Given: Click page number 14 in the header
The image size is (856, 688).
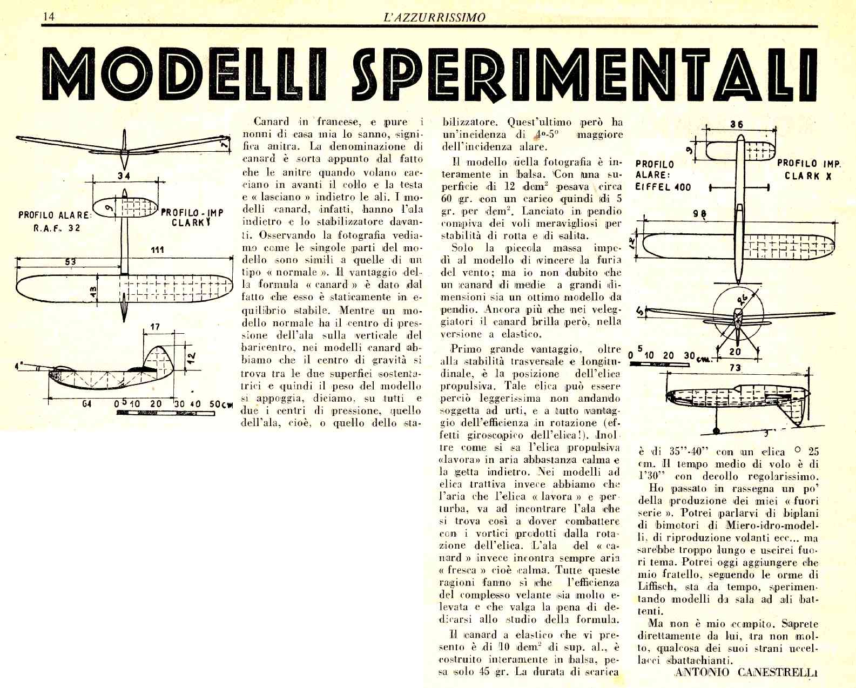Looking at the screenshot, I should click(49, 16).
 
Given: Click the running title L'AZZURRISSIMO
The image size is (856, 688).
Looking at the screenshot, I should click(434, 17).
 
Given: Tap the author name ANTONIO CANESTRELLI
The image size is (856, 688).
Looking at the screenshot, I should click(746, 672).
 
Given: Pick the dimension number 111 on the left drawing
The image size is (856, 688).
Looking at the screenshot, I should click(157, 249).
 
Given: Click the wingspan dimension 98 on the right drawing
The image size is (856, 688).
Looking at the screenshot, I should click(700, 213).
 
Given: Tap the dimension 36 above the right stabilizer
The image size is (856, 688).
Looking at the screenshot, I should click(737, 124).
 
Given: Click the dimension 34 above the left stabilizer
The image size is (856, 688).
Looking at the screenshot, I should click(123, 176).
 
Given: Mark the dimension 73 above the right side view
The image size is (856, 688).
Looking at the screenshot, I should click(735, 368).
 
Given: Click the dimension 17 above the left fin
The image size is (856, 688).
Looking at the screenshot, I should click(155, 327).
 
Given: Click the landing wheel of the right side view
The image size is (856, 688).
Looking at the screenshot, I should click(716, 431).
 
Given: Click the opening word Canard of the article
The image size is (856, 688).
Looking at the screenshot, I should click(271, 122).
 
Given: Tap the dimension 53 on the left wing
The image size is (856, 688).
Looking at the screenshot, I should click(70, 262).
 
